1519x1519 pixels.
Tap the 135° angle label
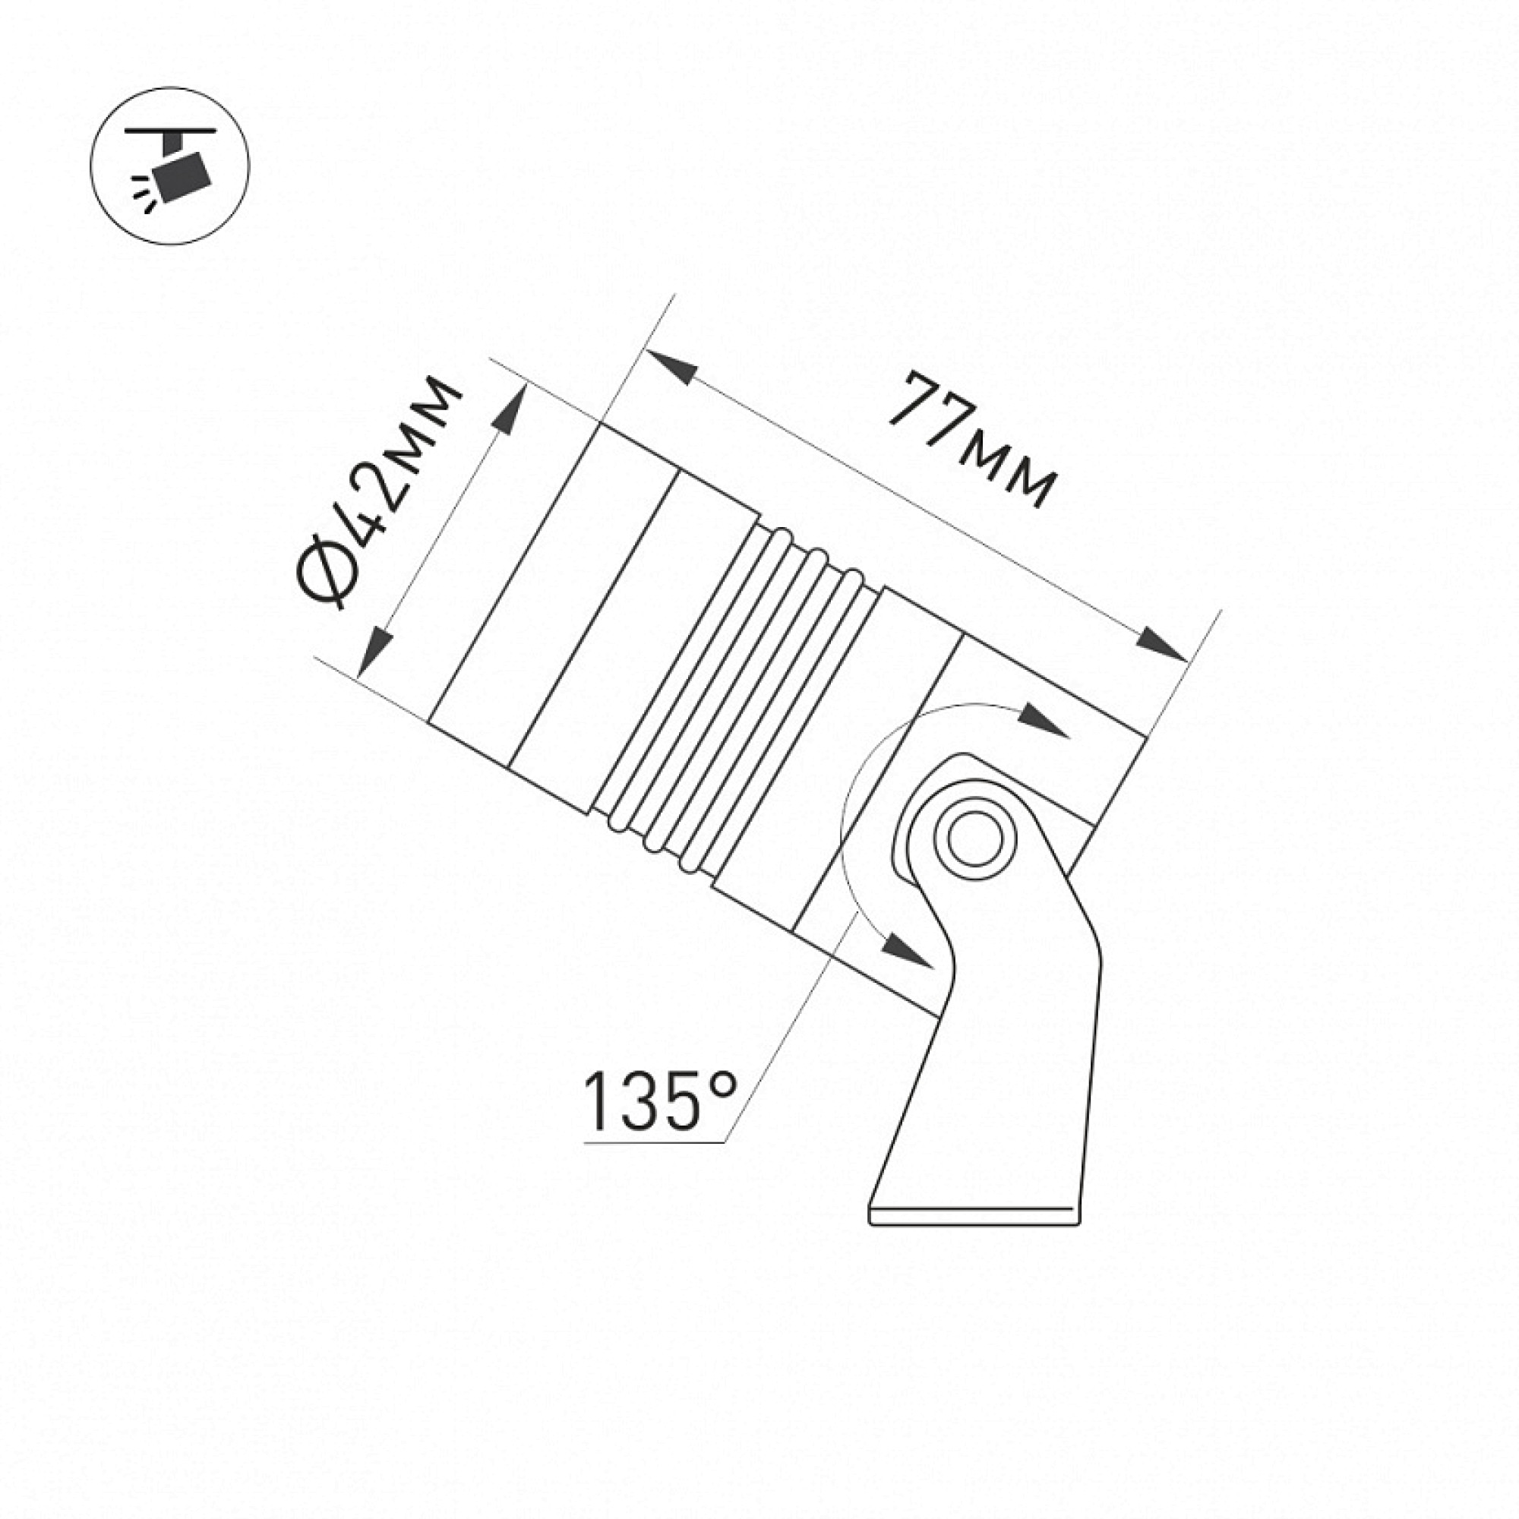coord(661,1101)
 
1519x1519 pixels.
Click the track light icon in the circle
coord(170,165)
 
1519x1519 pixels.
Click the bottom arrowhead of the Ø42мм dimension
coord(377,652)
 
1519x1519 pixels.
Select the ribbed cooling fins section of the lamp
coord(731,699)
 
